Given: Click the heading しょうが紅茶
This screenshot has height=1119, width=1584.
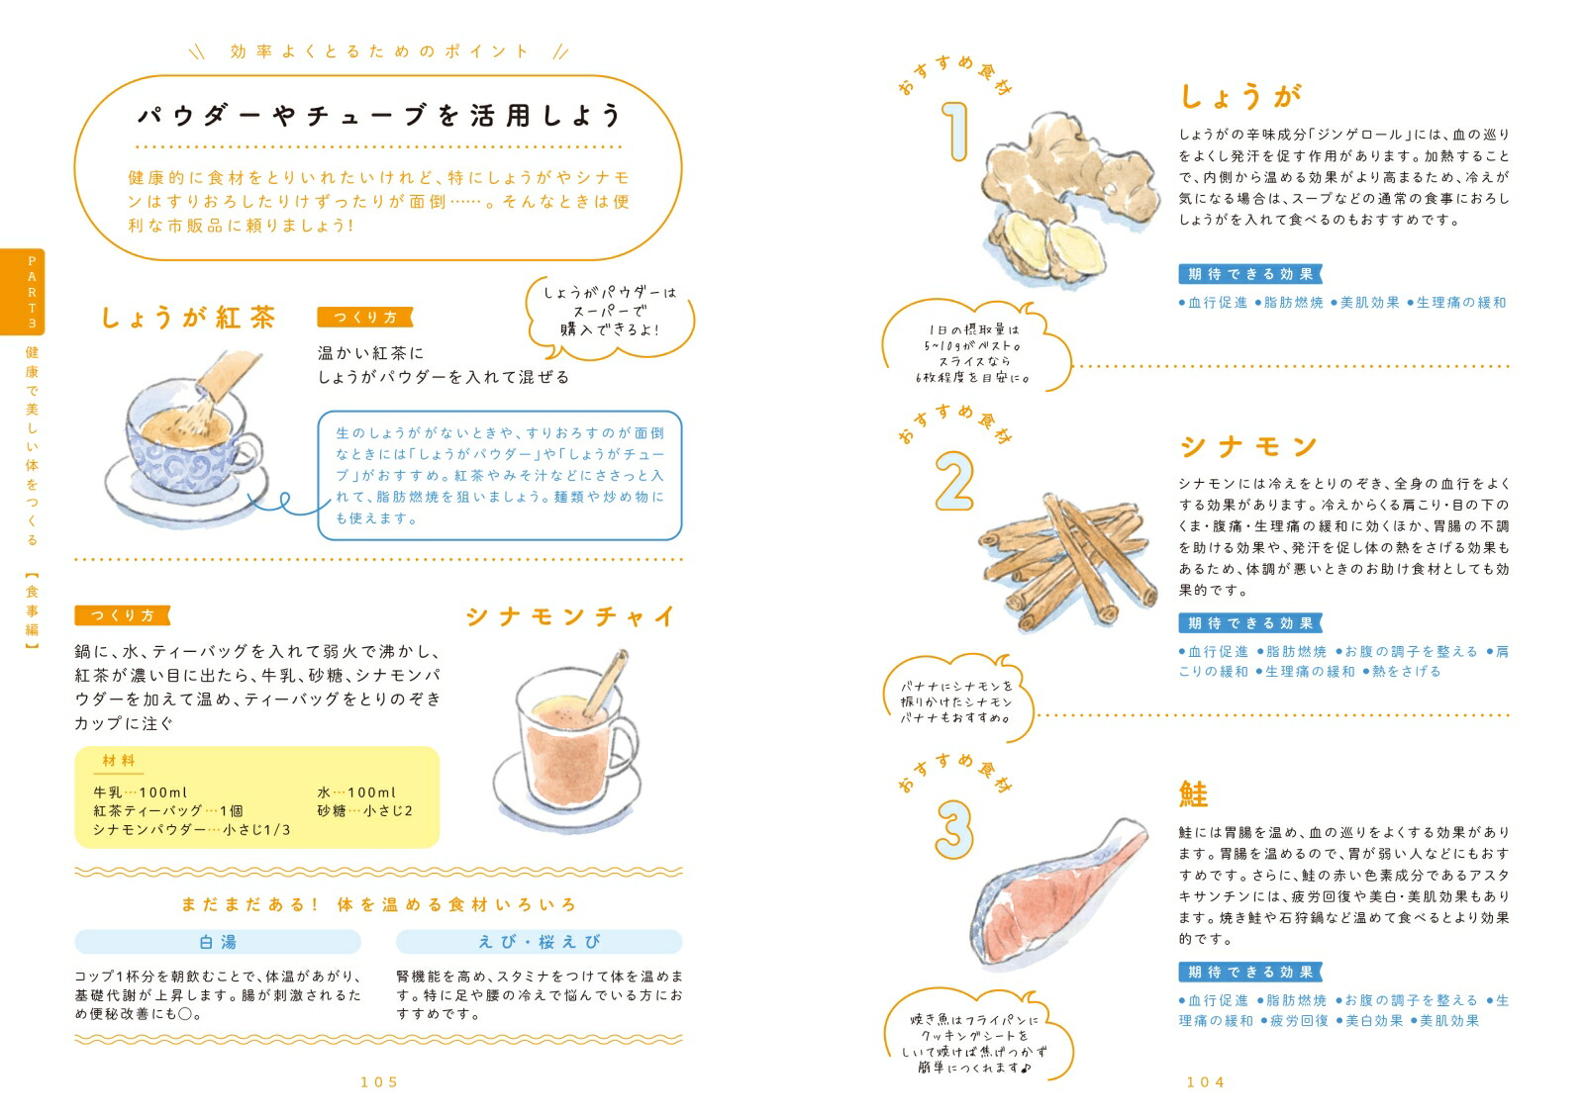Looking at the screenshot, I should tap(188, 318).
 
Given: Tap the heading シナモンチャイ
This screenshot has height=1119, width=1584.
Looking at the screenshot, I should tap(570, 616).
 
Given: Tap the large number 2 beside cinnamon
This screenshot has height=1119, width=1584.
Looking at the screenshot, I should tap(954, 482).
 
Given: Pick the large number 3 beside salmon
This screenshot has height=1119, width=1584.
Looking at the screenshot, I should tap(954, 828).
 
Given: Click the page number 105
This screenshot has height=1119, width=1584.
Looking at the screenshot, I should tap(379, 1082).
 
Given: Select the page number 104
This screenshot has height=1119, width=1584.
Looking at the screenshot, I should tap(1205, 1082).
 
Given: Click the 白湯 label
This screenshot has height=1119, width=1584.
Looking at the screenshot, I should tap(218, 942).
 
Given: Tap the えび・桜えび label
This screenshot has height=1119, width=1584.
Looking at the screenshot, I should tap(539, 942).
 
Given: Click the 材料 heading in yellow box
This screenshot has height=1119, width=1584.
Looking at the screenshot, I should tap(119, 761).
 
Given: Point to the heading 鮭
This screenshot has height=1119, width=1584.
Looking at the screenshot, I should tap(1194, 794).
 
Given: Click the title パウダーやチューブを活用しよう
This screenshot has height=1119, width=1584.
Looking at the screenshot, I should tap(379, 116).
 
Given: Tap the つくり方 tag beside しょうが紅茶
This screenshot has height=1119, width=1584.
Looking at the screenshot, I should tap(364, 318).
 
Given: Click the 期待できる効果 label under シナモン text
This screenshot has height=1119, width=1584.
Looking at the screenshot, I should tap(1250, 623).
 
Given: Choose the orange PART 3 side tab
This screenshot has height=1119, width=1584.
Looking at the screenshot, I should tap(32, 292).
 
